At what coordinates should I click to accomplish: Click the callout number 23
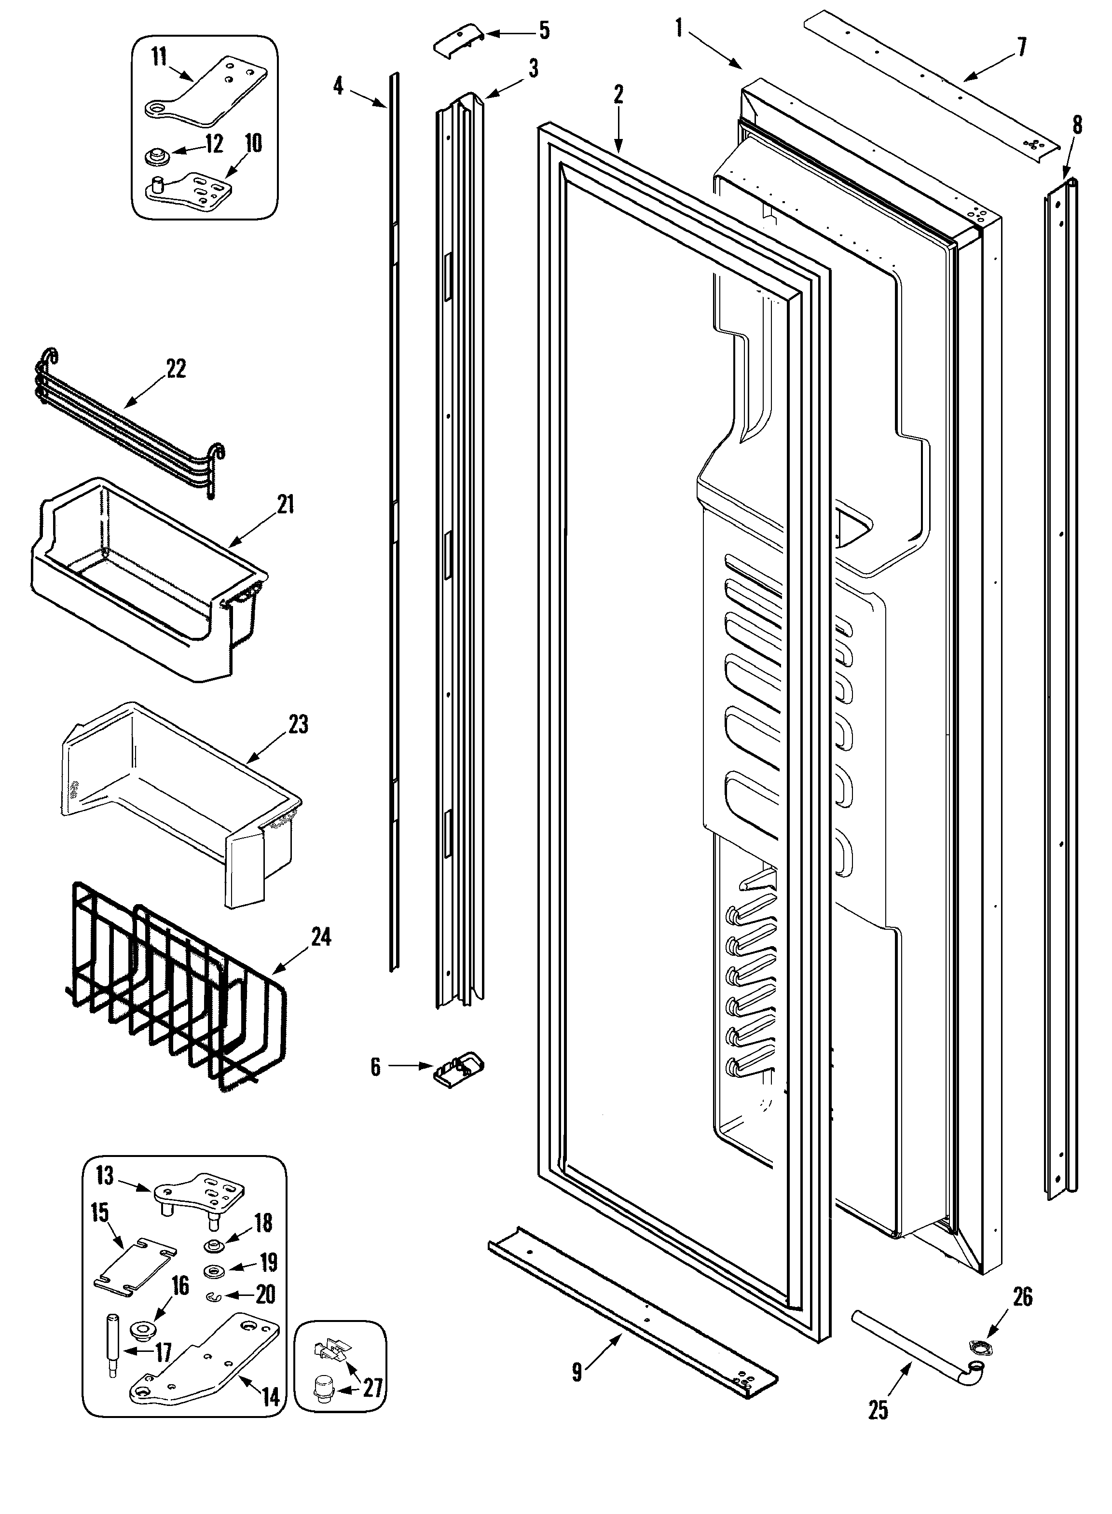pos(298,725)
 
